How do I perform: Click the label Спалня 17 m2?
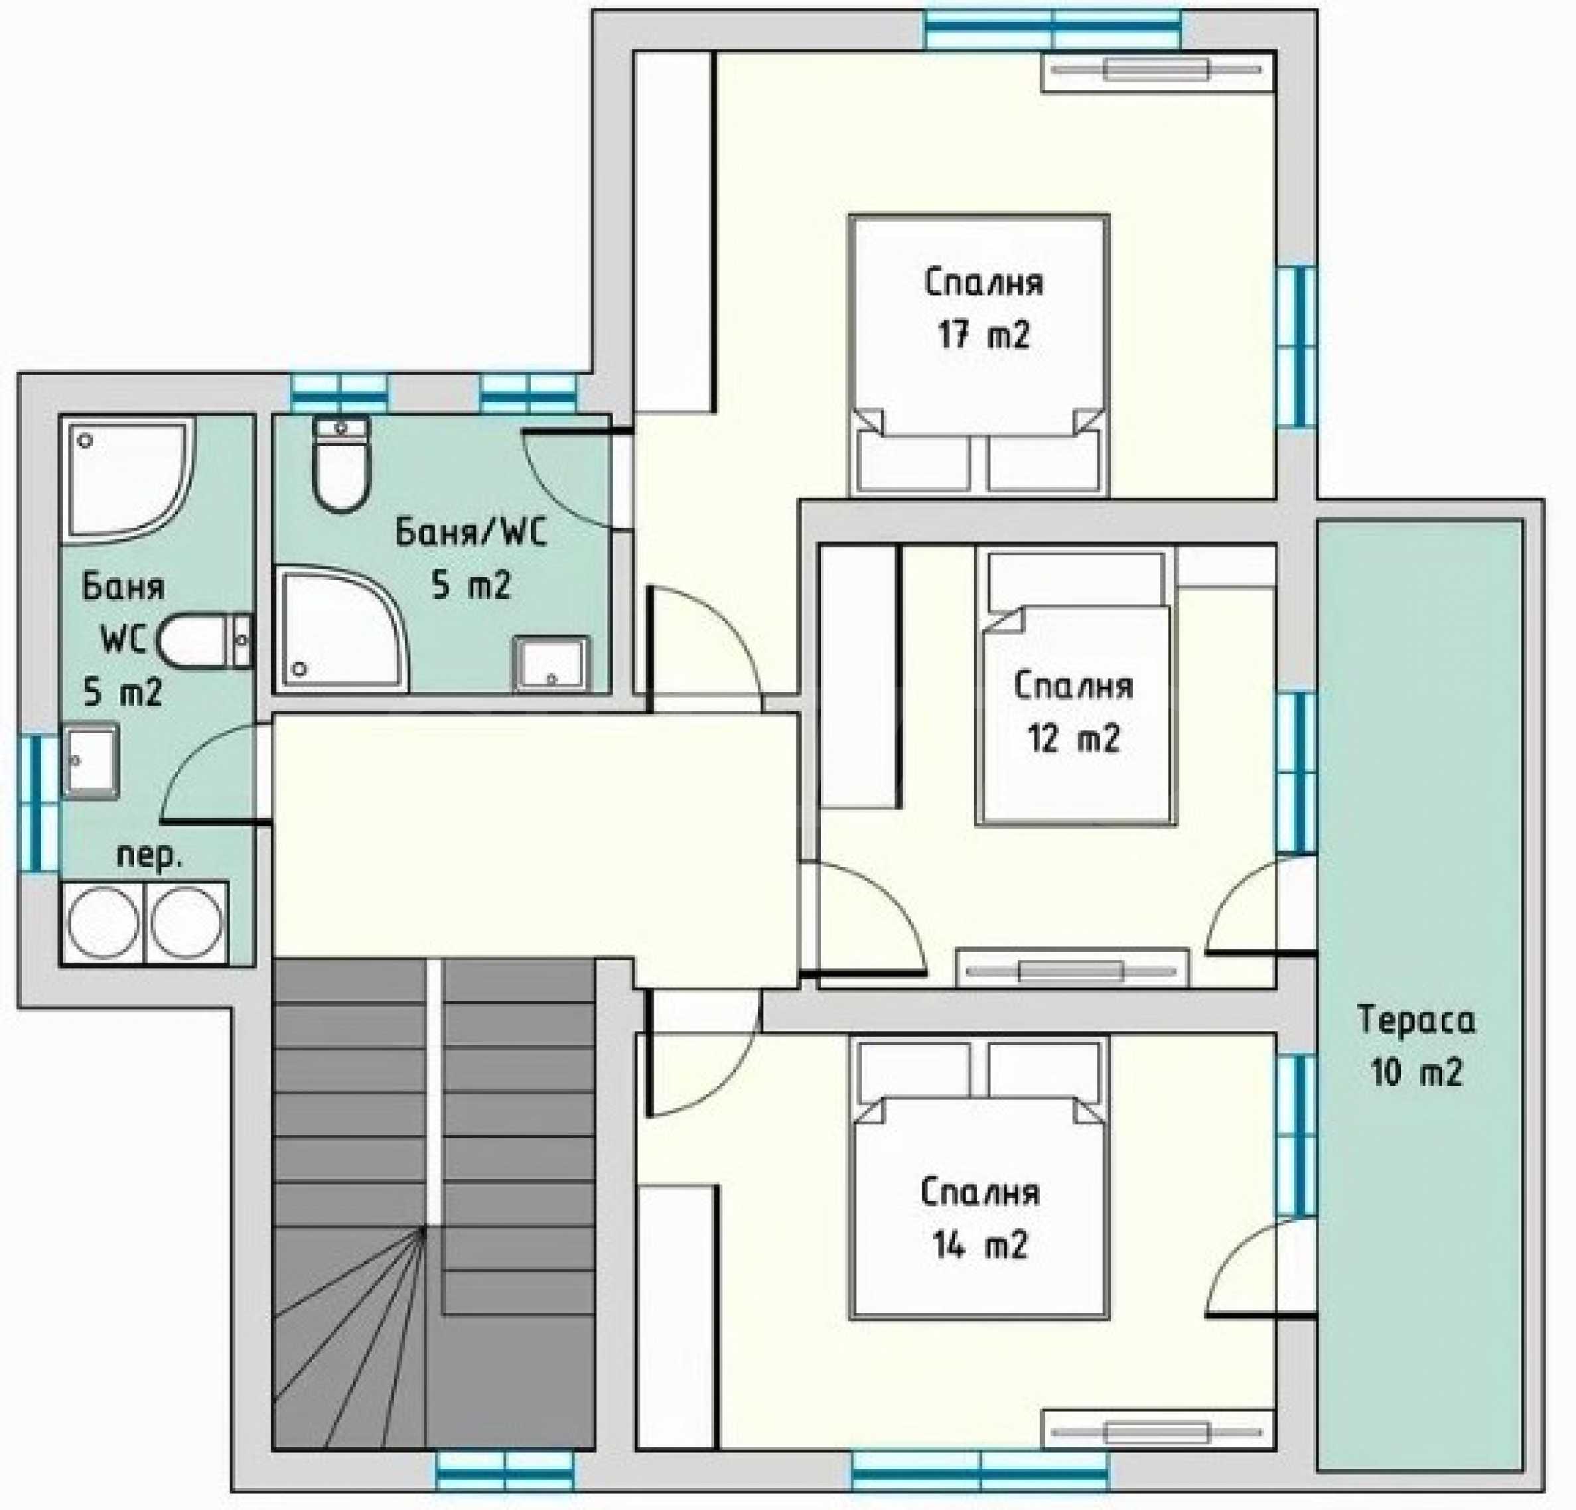click(983, 309)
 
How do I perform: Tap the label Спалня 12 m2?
click(1074, 713)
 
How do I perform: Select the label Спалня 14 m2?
click(980, 1219)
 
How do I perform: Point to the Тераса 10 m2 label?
click(1417, 1046)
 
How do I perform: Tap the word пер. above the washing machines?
click(149, 858)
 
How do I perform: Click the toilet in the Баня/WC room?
click(341, 464)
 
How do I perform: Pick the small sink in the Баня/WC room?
click(551, 664)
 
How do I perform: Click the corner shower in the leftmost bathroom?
click(127, 481)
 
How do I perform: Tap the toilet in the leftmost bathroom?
click(206, 642)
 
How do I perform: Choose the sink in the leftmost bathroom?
click(91, 762)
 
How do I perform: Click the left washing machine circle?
click(103, 923)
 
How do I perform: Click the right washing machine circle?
click(186, 923)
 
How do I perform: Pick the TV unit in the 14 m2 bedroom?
click(1159, 1431)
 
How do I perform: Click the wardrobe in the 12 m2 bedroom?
click(859, 676)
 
